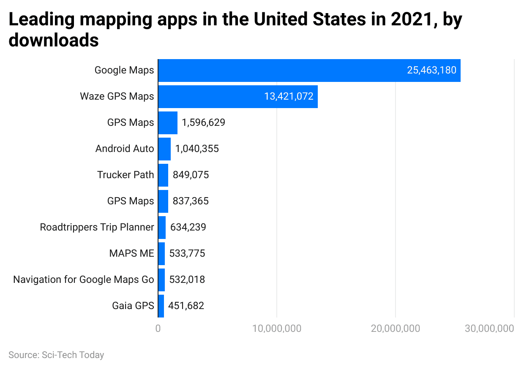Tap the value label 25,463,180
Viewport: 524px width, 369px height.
tap(431, 71)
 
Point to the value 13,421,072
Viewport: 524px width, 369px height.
tap(289, 97)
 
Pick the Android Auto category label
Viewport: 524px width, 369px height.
tap(125, 149)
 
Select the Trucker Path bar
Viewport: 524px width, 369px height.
tap(163, 175)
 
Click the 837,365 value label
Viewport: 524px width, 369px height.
tap(191, 201)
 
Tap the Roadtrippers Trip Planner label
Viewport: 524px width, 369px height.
tap(97, 227)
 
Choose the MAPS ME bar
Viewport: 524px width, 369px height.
tap(161, 253)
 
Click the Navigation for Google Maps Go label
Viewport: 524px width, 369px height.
tap(84, 279)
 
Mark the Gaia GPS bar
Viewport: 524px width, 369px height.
tap(161, 306)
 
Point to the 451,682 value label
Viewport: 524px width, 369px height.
tap(186, 306)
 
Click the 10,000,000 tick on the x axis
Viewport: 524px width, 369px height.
tap(277, 328)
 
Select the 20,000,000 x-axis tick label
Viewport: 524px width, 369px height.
tap(396, 328)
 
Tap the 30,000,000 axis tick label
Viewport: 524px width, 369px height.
tap(489, 328)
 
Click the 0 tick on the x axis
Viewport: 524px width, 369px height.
tap(158, 328)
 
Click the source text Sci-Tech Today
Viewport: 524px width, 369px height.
tap(73, 355)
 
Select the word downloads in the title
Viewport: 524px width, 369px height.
tap(54, 41)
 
